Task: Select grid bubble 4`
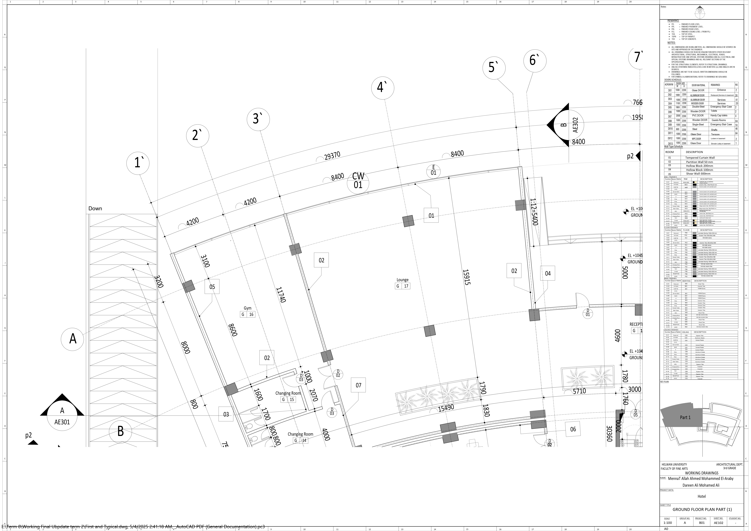tap(382, 88)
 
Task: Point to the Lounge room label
tap(402, 280)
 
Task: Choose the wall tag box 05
tap(212, 287)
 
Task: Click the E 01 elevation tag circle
tap(433, 171)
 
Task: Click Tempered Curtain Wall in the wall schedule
tap(700, 158)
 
